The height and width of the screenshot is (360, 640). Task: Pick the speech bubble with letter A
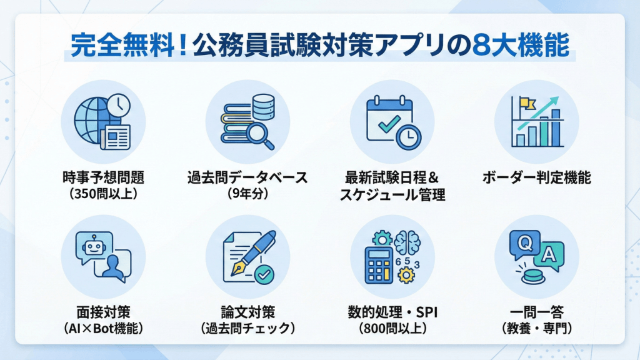click(548, 254)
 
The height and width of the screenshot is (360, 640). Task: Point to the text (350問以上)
click(103, 194)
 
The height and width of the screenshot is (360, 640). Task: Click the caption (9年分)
click(248, 194)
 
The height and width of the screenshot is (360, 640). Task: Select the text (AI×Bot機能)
click(103, 327)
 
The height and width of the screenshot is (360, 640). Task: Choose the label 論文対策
click(248, 311)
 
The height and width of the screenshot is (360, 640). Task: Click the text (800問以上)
click(392, 327)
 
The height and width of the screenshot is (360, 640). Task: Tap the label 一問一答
click(536, 311)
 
